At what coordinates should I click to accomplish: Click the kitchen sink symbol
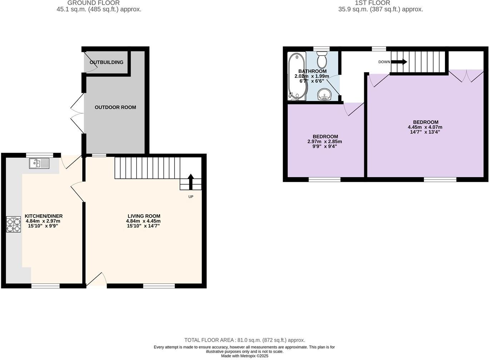point(39,163)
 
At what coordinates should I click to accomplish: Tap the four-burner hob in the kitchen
point(13,224)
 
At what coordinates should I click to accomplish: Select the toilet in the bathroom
point(322,60)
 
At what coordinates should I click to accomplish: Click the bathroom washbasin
point(325,95)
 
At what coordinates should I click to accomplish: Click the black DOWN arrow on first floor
point(399,62)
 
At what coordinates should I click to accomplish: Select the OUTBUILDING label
point(106,62)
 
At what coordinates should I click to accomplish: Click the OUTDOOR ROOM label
point(115,107)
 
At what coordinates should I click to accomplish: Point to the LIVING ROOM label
point(144,216)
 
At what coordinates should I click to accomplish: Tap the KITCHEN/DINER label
point(44,216)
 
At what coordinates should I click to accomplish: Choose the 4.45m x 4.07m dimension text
point(425,127)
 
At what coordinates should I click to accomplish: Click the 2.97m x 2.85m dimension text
point(325,141)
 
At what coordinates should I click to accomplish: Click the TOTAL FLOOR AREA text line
point(244,340)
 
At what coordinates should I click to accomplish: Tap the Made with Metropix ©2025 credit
point(244,356)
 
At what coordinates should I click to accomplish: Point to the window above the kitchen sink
point(39,155)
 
